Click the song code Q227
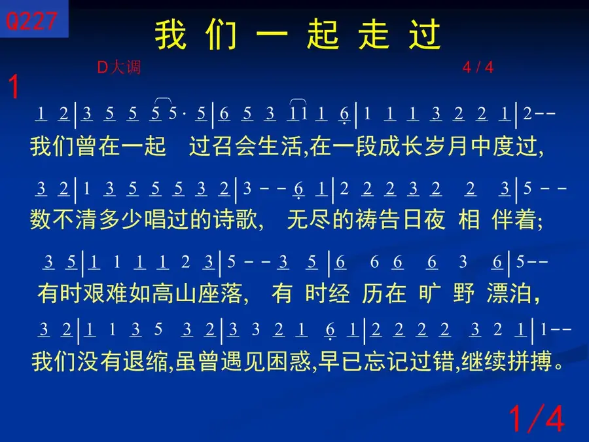[x=31, y=21]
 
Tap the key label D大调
[x=118, y=67]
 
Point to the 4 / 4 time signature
[x=478, y=67]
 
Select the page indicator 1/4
[x=537, y=418]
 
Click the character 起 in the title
[x=323, y=35]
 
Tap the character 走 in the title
[x=374, y=35]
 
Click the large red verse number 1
[x=14, y=86]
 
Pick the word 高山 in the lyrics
[x=174, y=293]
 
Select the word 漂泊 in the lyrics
[x=509, y=293]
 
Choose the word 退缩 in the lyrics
[x=145, y=361]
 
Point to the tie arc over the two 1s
[x=298, y=100]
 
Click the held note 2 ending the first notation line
[x=527, y=113]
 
